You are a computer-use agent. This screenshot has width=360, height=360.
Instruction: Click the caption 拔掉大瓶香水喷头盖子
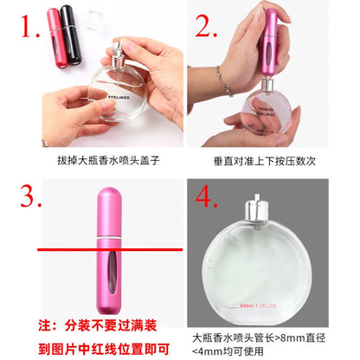tap(91, 160)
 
